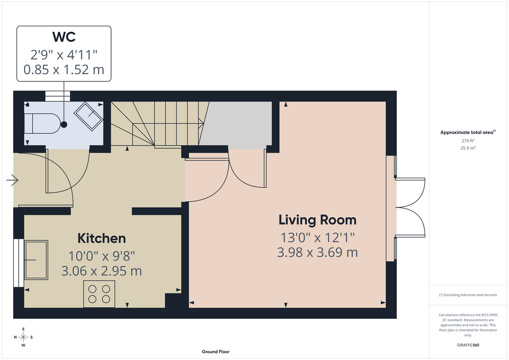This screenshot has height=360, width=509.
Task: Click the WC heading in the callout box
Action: pos(64,37)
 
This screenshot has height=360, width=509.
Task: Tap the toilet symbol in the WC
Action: pos(42,123)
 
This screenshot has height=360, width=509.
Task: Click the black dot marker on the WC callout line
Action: pos(64,124)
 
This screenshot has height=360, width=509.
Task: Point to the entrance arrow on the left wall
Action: pos(12,181)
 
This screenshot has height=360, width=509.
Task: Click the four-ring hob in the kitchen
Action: pos(99,294)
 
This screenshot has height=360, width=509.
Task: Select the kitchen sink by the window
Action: pos(36,260)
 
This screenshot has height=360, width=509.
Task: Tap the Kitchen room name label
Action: pos(101,238)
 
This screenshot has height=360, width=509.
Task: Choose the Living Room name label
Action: pos(317,220)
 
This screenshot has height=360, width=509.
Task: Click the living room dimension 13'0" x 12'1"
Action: pos(317,237)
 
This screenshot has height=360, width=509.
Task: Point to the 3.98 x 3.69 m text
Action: pos(317,253)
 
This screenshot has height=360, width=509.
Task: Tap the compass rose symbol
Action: pos(23,337)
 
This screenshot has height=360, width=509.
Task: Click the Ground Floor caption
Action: pos(215,352)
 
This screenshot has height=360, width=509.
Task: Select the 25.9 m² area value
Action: pos(468,148)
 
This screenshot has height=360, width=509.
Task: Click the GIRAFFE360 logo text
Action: pos(468,345)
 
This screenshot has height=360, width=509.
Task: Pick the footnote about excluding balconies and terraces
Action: pos(468,295)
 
